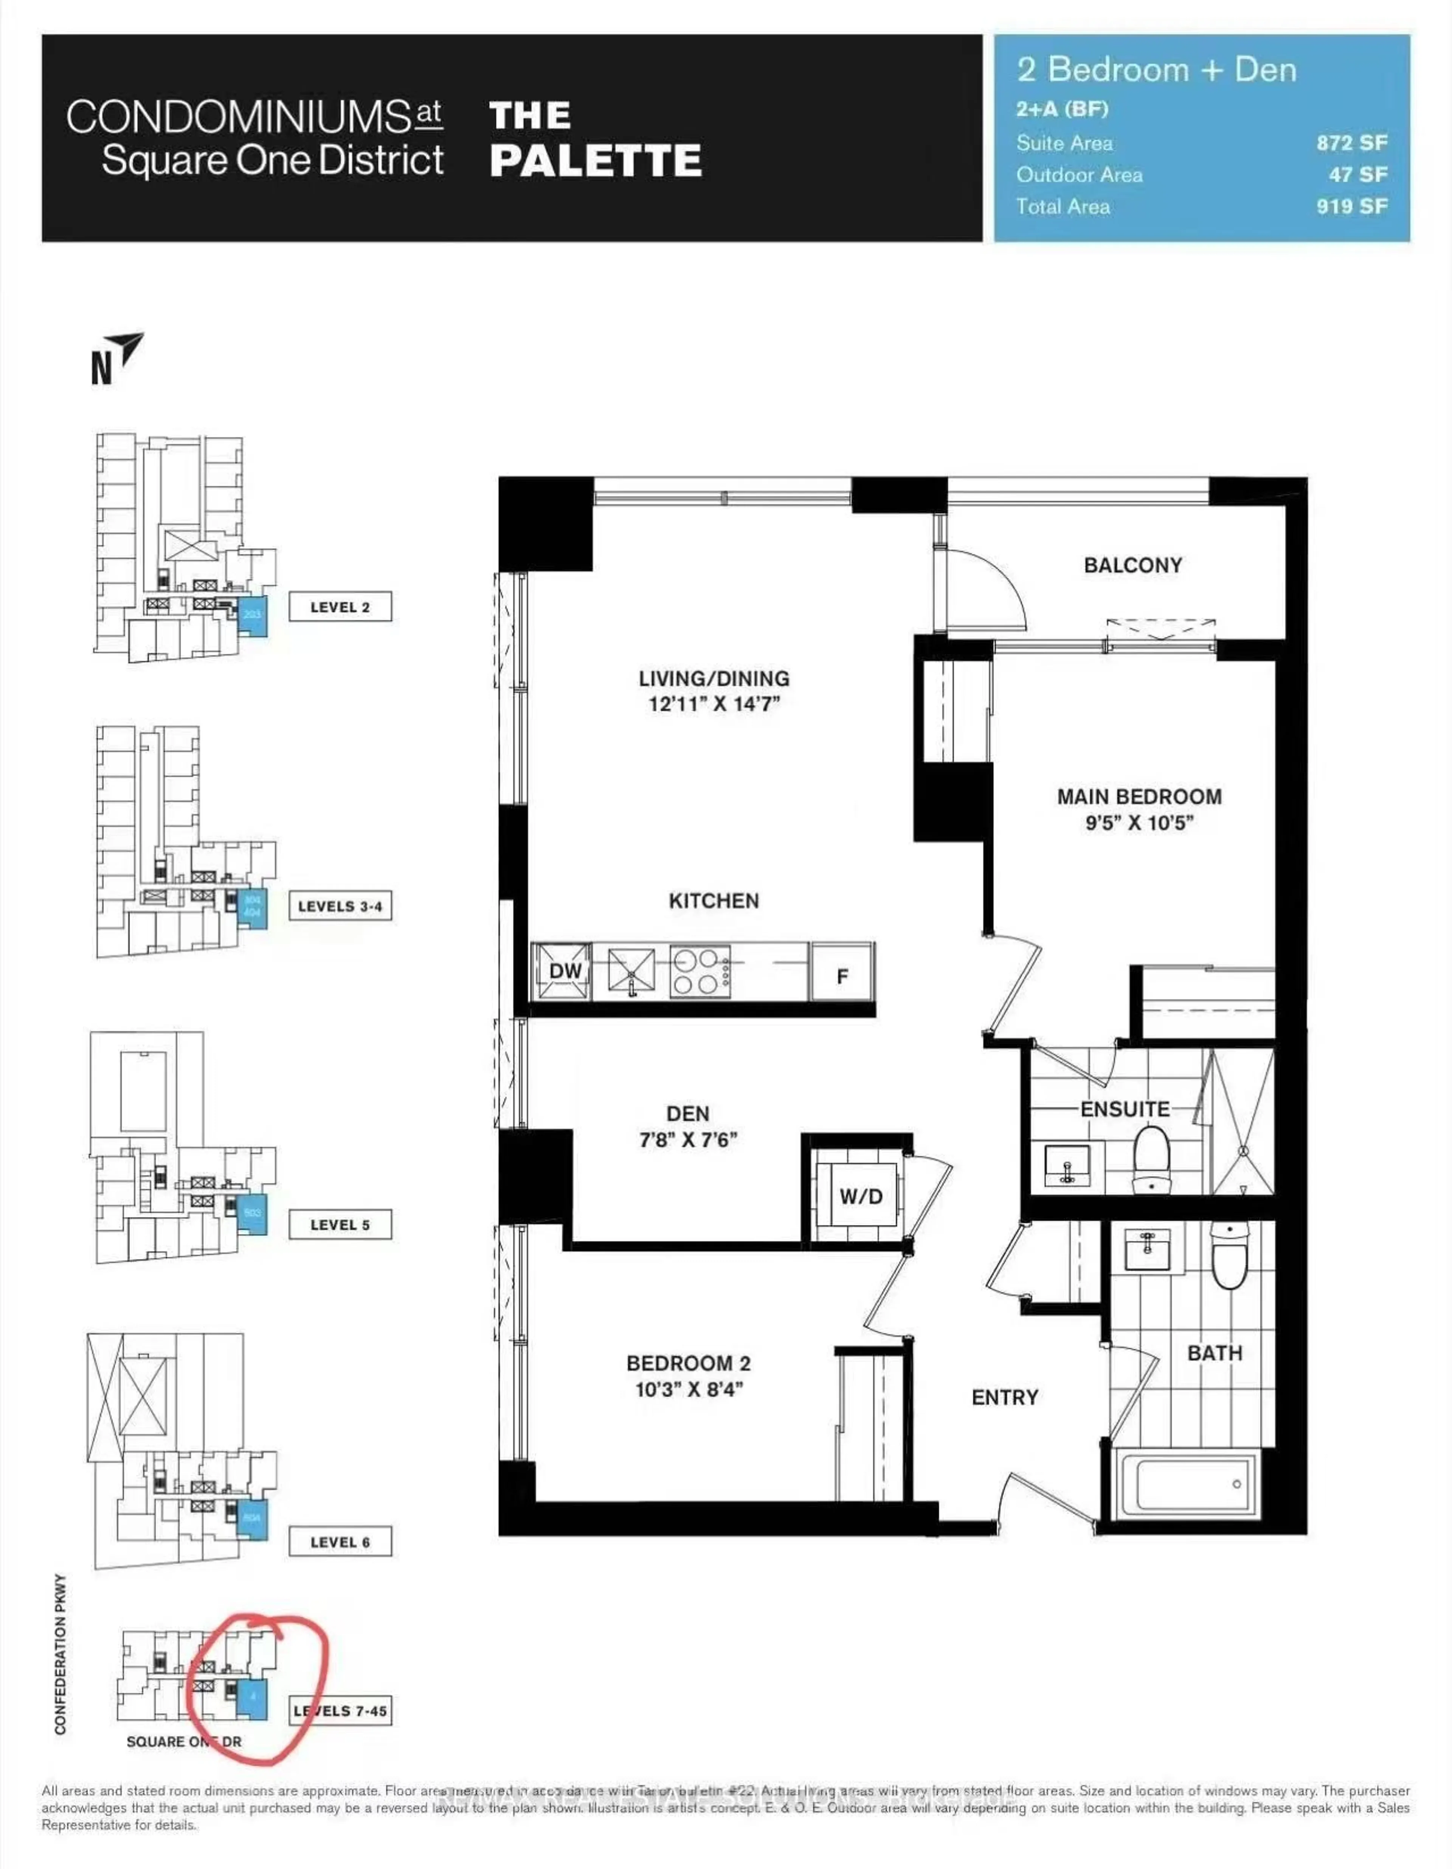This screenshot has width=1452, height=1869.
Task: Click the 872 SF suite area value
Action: pos(1351,143)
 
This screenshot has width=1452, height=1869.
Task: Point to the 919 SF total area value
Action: pos(1351,206)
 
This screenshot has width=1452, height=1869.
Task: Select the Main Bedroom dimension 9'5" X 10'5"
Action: pos(1139,823)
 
